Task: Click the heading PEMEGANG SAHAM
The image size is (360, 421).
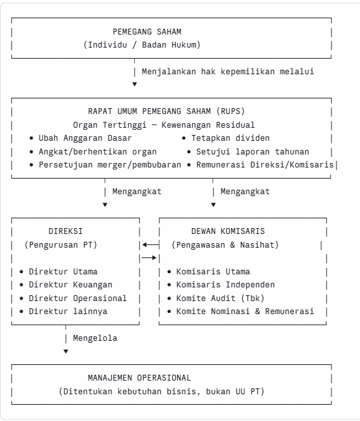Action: coord(147,32)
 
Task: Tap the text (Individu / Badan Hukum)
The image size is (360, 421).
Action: coord(142,44)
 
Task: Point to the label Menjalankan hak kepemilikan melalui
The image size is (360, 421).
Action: coord(228,72)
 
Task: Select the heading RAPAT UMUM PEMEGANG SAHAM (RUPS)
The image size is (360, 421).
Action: coord(166,111)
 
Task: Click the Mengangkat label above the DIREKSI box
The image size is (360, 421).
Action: coord(137,192)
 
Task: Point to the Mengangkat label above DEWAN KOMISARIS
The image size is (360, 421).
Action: coord(245,192)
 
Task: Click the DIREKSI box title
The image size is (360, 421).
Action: coord(66,231)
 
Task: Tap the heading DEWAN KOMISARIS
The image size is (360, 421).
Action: coord(228,231)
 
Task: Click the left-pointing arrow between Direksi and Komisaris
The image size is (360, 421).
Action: coord(151,244)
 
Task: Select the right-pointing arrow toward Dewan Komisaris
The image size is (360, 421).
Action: coord(149,258)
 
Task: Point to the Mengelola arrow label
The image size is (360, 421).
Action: coord(95,338)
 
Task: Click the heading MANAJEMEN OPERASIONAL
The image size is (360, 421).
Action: coord(139,378)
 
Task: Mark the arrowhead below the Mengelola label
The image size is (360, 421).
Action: coord(66,351)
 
